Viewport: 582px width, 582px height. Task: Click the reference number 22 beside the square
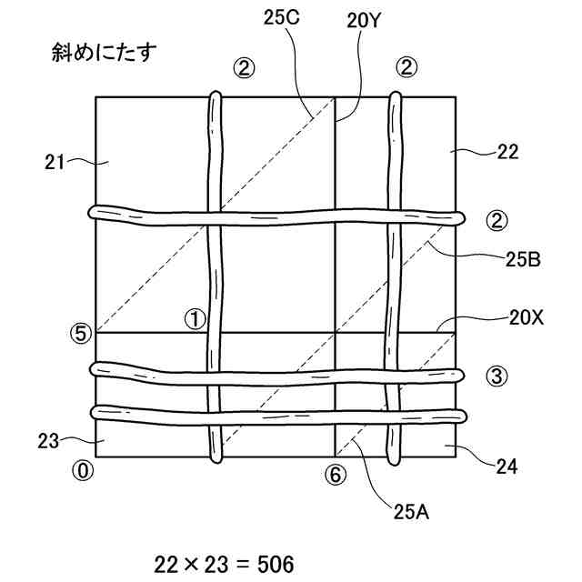(x=507, y=152)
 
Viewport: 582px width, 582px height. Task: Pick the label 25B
(x=523, y=260)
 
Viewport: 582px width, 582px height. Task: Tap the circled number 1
(x=196, y=318)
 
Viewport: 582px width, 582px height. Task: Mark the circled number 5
(x=83, y=333)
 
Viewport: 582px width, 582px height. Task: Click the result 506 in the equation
(x=276, y=566)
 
